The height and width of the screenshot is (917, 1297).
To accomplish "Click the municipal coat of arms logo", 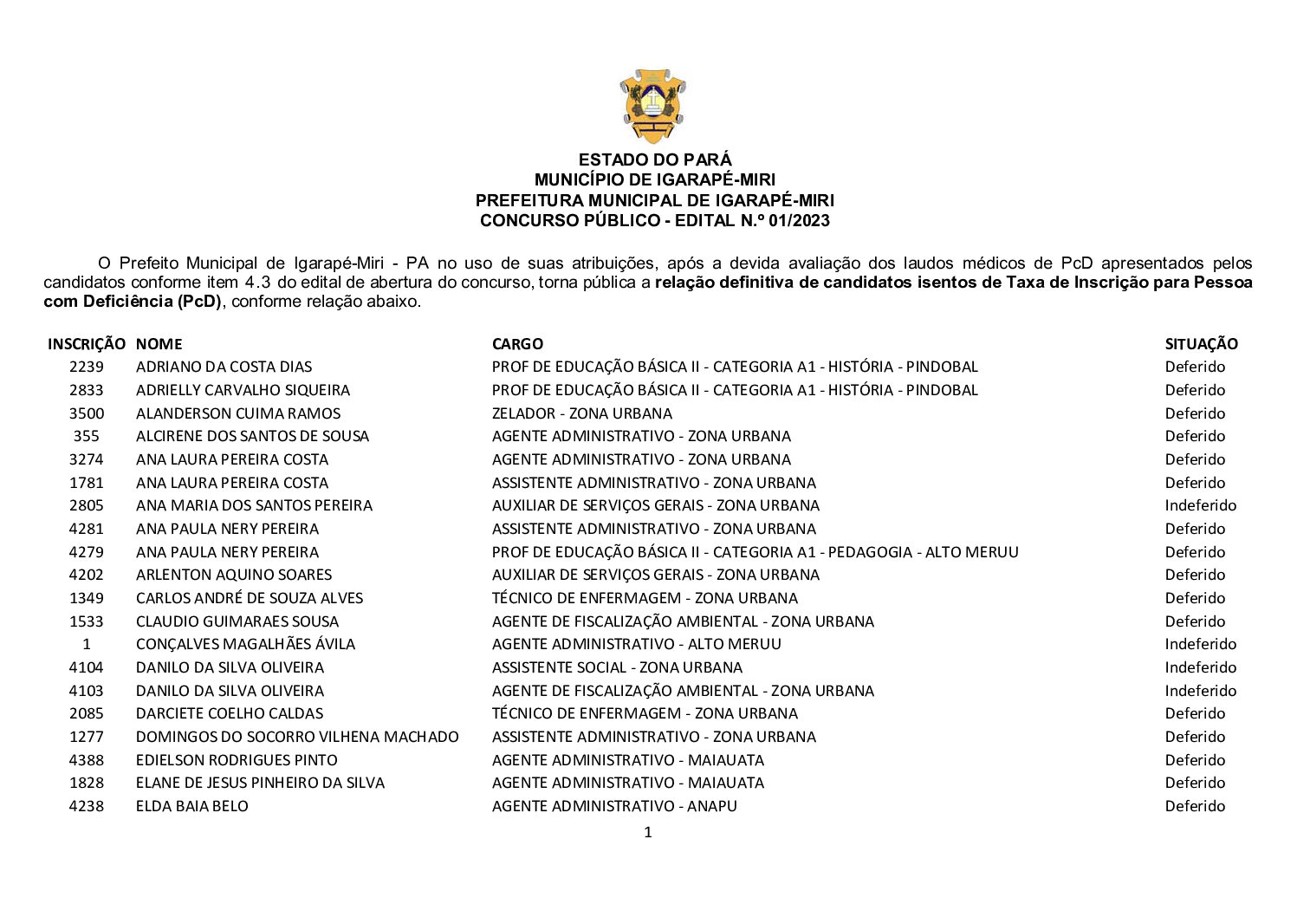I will pyautogui.click(x=652, y=106).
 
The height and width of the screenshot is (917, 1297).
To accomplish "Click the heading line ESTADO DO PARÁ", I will pyautogui.click(x=655, y=159).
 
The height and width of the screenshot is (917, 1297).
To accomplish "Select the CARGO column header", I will pyautogui.click(x=517, y=344).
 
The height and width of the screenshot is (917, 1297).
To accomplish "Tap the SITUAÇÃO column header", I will pyautogui.click(x=1201, y=344).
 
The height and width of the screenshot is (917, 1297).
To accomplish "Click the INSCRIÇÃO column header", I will pyautogui.click(x=87, y=344).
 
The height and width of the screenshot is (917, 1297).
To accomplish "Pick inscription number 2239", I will pyautogui.click(x=87, y=367).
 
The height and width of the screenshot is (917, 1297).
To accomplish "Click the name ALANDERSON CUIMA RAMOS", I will pyautogui.click(x=238, y=413).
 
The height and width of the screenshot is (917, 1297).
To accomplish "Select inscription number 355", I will pyautogui.click(x=87, y=436).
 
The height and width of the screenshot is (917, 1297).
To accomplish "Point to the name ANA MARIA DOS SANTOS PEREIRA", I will pyautogui.click(x=254, y=505).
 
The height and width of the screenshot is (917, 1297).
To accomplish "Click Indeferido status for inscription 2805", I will pyautogui.click(x=1200, y=505).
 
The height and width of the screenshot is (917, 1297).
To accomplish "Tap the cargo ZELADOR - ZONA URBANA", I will pyautogui.click(x=581, y=413).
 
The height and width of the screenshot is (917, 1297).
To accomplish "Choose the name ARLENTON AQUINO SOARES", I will pyautogui.click(x=234, y=575).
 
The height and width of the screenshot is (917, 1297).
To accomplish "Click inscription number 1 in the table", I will pyautogui.click(x=87, y=644).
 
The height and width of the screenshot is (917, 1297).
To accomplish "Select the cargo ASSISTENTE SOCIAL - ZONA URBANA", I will pyautogui.click(x=617, y=667).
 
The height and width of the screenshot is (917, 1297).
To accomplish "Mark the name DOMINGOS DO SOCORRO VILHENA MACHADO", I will pyautogui.click(x=297, y=737).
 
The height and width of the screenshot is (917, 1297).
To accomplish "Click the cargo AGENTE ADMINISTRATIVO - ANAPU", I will pyautogui.click(x=614, y=806).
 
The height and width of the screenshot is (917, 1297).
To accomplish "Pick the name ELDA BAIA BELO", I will pyautogui.click(x=192, y=806).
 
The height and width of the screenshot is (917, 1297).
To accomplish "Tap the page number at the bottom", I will pyautogui.click(x=648, y=833).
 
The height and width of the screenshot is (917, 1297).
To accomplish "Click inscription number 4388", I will pyautogui.click(x=87, y=760).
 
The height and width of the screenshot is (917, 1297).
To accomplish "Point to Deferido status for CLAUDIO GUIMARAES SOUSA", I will pyautogui.click(x=1195, y=621).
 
